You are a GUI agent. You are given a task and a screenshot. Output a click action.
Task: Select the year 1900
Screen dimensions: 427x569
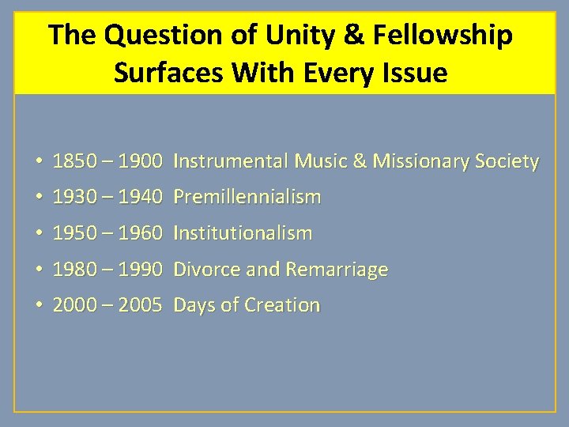click(x=141, y=161)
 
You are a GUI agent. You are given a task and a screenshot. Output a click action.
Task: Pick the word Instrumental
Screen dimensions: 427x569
click(x=231, y=161)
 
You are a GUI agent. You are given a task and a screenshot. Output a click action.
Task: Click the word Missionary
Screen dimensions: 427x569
click(x=423, y=161)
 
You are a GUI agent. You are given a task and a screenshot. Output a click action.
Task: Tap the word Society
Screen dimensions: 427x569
click(x=509, y=161)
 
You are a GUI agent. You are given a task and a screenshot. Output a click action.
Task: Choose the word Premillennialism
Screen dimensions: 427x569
click(x=247, y=197)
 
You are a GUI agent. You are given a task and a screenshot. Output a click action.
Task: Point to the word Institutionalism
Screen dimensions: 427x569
click(x=243, y=233)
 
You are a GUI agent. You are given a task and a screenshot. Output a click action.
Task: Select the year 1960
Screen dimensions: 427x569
click(x=141, y=233)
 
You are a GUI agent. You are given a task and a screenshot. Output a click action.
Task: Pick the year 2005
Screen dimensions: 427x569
click(x=141, y=305)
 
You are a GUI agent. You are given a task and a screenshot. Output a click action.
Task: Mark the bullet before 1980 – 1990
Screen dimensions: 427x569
click(x=38, y=270)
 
